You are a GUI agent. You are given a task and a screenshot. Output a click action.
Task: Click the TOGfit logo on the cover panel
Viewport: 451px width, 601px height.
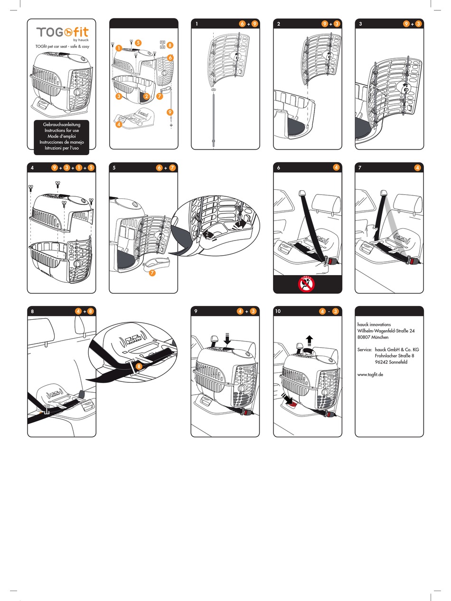(x=62, y=32)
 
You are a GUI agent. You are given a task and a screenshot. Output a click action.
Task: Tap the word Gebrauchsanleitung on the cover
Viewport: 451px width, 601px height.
(x=62, y=124)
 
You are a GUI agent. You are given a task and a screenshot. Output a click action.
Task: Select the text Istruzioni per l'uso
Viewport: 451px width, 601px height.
(x=62, y=148)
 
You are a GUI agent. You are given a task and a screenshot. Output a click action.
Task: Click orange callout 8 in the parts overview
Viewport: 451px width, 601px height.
(x=170, y=46)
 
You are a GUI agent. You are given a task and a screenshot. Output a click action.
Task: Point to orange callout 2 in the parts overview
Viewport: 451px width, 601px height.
(x=146, y=96)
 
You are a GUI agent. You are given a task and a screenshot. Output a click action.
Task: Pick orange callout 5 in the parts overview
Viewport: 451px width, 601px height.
(x=138, y=43)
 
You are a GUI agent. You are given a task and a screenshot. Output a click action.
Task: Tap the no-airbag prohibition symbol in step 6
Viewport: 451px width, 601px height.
(x=307, y=284)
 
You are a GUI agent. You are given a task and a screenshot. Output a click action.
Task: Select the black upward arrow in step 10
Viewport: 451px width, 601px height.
(x=309, y=340)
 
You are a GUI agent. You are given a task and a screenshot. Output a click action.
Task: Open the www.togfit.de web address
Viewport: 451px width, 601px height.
(x=370, y=374)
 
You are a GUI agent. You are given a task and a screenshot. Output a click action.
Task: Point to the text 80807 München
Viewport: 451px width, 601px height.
(x=373, y=337)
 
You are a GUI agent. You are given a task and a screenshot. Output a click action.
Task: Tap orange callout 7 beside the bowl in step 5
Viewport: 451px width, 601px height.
(x=152, y=273)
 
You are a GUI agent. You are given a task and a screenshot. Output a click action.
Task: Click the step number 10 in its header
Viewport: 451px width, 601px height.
(x=278, y=311)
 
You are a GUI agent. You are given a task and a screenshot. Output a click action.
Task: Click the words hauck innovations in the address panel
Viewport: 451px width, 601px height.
(x=374, y=324)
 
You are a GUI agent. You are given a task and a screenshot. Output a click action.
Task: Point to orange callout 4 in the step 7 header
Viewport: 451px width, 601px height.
(x=418, y=167)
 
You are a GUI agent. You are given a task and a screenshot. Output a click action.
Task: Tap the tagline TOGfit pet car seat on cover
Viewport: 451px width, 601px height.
(x=62, y=46)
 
